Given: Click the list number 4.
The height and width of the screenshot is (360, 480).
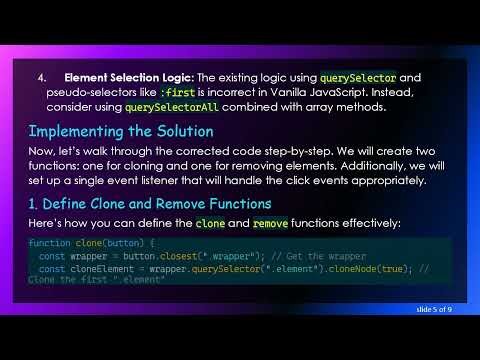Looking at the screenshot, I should coord(42,77).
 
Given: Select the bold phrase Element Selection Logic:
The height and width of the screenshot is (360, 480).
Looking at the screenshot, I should coord(129,77).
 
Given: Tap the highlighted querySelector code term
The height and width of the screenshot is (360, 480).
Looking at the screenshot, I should coord(358,77).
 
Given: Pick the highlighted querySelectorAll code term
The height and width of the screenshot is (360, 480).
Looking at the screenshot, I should coord(174,107).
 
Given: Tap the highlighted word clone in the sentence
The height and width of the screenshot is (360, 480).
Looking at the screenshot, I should coord(211,223).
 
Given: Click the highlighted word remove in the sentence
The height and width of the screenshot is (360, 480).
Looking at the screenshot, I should coord(267,223).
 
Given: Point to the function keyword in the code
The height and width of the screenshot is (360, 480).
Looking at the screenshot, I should coord(49,244).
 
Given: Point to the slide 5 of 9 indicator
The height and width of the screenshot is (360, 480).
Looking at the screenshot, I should coord(433,310).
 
